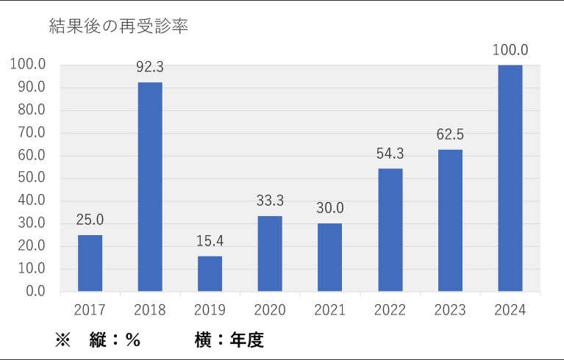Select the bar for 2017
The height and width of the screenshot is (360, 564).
90,263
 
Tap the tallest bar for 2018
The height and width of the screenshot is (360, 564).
150,187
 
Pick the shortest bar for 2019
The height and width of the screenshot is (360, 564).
210,273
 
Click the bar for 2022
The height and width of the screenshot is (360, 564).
390,229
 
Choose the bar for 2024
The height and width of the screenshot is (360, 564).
510,178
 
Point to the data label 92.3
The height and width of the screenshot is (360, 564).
150,68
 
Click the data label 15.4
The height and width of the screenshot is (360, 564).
210,241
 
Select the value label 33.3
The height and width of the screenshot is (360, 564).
270,201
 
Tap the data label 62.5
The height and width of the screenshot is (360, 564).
449,134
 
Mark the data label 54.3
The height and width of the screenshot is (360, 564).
390,154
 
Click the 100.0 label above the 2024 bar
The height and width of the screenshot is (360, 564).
510,50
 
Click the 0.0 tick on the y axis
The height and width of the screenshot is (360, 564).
34,291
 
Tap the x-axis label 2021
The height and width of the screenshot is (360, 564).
329,310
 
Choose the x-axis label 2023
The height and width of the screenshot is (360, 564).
449,310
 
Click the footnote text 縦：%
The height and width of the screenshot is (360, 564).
114,340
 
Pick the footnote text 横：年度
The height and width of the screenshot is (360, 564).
229,340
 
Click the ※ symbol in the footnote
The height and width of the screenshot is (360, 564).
62,340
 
